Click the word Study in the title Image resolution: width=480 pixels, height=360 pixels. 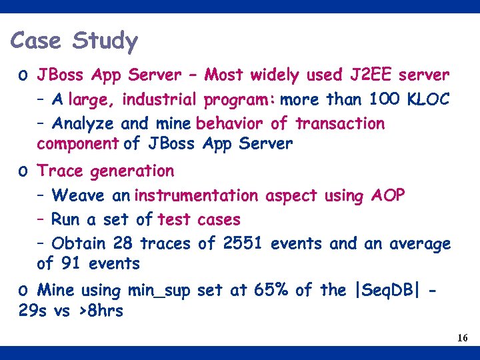coord(105,41)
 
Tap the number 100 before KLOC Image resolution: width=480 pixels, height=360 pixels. coord(384,100)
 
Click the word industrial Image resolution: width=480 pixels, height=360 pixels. coord(159,100)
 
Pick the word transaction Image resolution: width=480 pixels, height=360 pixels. coord(340,124)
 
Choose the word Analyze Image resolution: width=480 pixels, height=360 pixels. coord(83,124)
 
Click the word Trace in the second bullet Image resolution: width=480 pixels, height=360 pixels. coord(61,171)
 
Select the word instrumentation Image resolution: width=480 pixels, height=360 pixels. coord(196,196)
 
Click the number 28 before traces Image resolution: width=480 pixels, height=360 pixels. coord(122,244)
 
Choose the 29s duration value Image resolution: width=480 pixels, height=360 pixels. coord(33,311)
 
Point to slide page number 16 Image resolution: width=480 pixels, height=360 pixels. coord(463,339)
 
